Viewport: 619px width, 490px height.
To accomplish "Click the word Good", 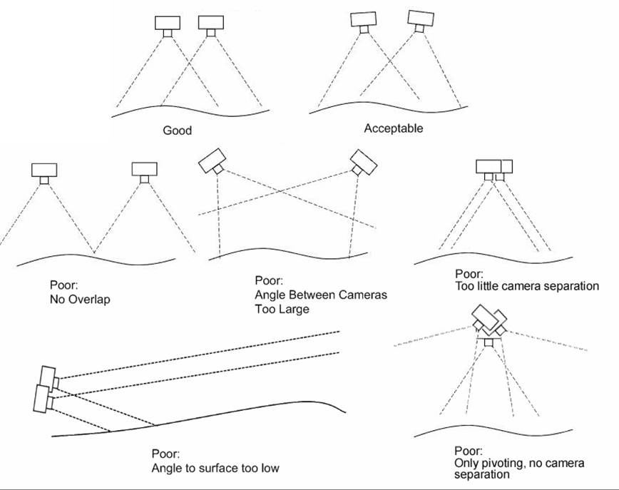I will [177, 131].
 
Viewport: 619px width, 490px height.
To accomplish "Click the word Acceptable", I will [393, 128].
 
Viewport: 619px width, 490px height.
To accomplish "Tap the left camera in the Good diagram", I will [168, 24].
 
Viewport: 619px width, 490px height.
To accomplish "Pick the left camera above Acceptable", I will [364, 20].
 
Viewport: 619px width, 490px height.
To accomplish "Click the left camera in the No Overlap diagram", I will [44, 170].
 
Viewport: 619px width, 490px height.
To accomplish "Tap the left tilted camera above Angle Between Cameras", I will [212, 162].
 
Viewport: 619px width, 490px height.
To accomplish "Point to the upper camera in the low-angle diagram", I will [49, 379].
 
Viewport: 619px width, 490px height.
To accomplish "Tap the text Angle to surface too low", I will [215, 468].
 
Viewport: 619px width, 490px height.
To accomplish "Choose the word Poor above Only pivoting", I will [468, 451].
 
